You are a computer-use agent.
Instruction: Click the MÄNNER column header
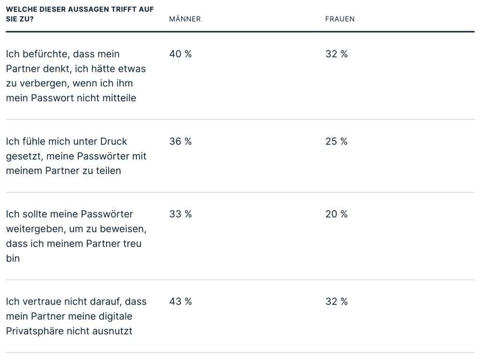[185, 19]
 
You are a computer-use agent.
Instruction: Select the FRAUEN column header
[340, 19]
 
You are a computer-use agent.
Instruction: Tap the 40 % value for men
[180, 54]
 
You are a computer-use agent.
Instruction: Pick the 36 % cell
[180, 141]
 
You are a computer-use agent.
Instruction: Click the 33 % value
[180, 214]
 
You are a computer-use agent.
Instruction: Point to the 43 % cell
[180, 302]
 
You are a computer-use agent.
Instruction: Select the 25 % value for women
[336, 141]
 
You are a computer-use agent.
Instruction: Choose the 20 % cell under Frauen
[336, 214]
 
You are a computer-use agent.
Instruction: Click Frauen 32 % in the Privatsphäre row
[336, 302]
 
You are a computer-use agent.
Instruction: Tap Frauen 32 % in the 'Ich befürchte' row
[336, 54]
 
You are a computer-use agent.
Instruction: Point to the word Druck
[114, 141]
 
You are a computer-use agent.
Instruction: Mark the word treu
[132, 243]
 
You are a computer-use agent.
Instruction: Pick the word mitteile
[119, 98]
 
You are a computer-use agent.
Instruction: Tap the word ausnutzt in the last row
[114, 331]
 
